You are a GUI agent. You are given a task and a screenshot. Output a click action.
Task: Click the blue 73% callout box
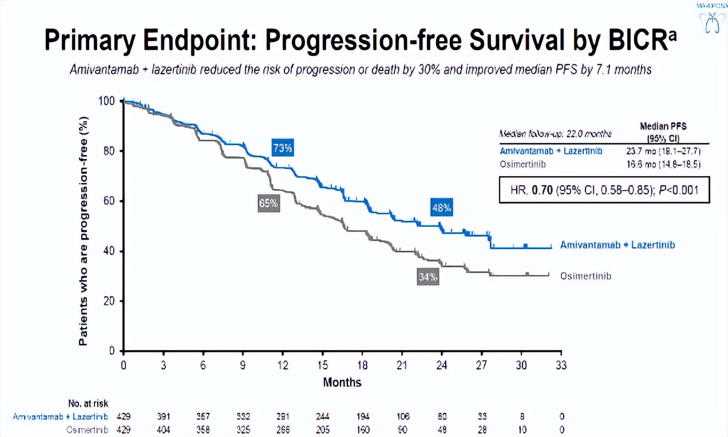click(283, 149)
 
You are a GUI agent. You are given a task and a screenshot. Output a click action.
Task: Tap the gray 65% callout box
click(268, 203)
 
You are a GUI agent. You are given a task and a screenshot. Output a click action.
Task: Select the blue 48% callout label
click(442, 208)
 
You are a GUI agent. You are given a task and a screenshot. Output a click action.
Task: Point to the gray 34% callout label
click(428, 277)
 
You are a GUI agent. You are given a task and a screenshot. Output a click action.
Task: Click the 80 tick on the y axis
click(109, 151)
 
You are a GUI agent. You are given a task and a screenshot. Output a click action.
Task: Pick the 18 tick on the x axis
click(362, 366)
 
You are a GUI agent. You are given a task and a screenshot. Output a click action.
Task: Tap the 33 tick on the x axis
click(561, 366)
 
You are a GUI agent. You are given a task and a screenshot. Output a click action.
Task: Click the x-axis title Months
click(342, 382)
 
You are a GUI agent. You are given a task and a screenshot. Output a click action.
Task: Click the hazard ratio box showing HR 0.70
click(604, 190)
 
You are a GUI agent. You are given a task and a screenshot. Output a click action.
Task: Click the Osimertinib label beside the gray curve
click(586, 276)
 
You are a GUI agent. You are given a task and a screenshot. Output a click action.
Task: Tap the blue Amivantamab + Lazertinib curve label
click(618, 245)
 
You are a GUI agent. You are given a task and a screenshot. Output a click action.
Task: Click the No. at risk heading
click(88, 404)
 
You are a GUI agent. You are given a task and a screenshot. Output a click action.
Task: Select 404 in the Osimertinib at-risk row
click(164, 430)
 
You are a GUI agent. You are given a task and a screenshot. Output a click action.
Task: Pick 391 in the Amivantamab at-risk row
click(164, 417)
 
